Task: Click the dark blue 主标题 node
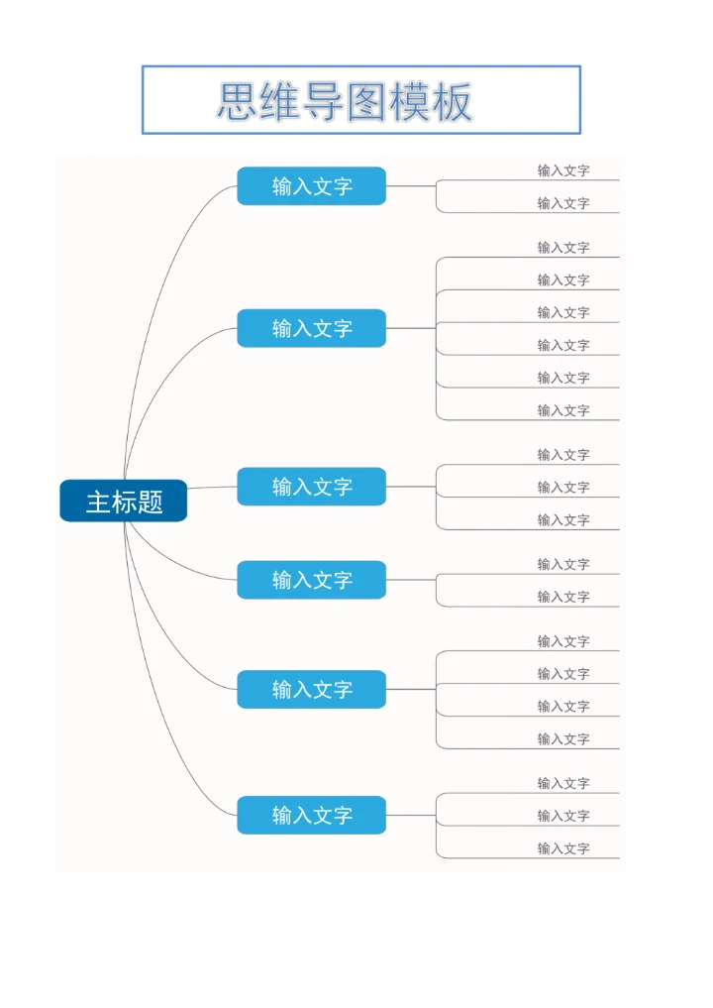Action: [123, 501]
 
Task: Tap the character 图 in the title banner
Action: [365, 101]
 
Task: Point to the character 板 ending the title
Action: [453, 101]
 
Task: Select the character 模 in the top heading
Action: [409, 101]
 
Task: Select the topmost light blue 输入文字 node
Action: [311, 185]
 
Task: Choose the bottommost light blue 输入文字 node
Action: [311, 815]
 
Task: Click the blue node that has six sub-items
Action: [311, 328]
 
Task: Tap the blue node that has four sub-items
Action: [311, 689]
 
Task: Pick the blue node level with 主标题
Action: [311, 487]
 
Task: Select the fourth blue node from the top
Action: [311, 580]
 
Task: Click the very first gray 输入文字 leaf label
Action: [563, 170]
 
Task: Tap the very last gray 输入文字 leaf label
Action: [563, 848]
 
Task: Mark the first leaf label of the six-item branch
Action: [563, 248]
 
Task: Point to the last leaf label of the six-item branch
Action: [563, 410]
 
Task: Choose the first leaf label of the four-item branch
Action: [563, 641]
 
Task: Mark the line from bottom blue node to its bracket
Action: [411, 815]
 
